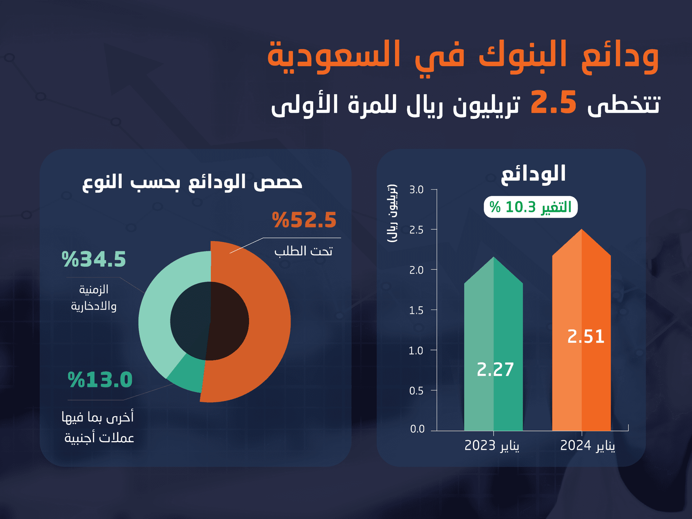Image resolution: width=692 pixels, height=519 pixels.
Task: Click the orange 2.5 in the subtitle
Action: (x=553, y=102)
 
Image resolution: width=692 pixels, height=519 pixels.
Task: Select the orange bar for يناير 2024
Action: (x=581, y=378)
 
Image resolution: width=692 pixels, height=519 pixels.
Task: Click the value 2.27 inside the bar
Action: (x=495, y=369)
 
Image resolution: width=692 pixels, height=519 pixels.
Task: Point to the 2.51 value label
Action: (x=586, y=336)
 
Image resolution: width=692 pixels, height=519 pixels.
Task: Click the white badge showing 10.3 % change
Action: (x=531, y=207)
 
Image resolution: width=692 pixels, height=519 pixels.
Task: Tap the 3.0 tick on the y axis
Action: (x=416, y=190)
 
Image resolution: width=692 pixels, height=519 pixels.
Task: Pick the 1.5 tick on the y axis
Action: (x=416, y=310)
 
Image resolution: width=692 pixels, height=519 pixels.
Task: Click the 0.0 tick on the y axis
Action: (x=417, y=429)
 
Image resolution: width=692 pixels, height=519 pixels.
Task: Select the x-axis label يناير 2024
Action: (x=587, y=446)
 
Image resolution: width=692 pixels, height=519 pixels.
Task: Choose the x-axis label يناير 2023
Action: (x=492, y=446)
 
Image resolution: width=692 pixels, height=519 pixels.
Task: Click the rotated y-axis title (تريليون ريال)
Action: (x=392, y=213)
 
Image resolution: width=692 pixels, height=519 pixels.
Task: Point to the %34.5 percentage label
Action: (x=94, y=259)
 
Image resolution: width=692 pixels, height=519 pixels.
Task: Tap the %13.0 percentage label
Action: (x=100, y=380)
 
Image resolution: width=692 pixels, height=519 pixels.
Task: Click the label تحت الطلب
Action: (x=303, y=251)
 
